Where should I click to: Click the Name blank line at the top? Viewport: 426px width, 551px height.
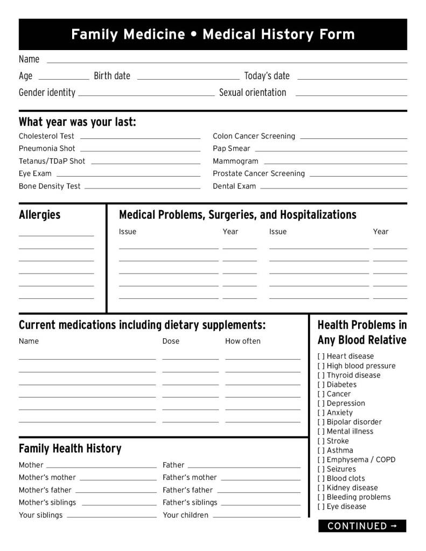tap(226, 62)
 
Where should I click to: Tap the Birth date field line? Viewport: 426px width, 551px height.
tap(188, 79)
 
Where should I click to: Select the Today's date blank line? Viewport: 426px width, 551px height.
tap(352, 79)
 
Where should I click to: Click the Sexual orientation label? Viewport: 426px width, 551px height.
tap(253, 93)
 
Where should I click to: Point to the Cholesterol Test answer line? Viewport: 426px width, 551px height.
tap(140, 138)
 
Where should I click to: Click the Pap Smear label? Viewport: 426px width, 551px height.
tap(232, 149)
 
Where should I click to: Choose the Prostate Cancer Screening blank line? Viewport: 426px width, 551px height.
tap(358, 176)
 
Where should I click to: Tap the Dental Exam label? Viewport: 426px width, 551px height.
tap(234, 186)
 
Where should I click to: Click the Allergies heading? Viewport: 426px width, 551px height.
tap(40, 215)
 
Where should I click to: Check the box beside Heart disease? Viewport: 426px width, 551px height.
tap(321, 357)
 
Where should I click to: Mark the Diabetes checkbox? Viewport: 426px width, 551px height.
tap(321, 385)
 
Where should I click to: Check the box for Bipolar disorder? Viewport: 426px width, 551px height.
tap(321, 422)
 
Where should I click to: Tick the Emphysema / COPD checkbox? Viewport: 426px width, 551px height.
tap(321, 460)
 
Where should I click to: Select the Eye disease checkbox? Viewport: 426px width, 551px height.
tap(321, 507)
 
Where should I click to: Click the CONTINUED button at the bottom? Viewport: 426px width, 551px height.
tap(362, 526)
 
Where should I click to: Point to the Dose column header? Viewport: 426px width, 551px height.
tap(171, 341)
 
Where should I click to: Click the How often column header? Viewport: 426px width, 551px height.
tap(242, 341)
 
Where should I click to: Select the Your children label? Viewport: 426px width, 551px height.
tap(185, 515)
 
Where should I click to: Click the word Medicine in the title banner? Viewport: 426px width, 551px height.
tap(154, 34)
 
